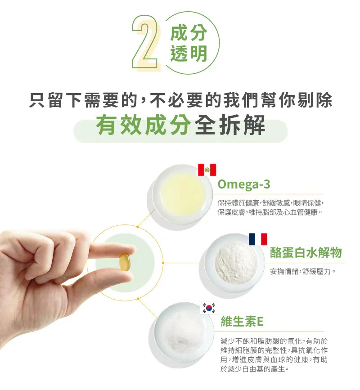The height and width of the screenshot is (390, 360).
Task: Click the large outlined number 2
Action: pyautogui.click(x=145, y=42)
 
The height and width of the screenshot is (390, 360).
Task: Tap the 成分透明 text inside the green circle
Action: pyautogui.click(x=189, y=43)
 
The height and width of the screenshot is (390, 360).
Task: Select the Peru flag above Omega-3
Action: pyautogui.click(x=207, y=170)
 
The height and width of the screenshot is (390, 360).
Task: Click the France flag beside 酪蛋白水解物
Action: pyautogui.click(x=258, y=239)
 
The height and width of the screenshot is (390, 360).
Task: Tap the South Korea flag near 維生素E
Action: pyautogui.click(x=209, y=308)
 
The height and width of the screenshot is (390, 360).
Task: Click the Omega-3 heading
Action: pyautogui.click(x=244, y=184)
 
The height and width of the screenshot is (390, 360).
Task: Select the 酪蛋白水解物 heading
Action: pyautogui.click(x=306, y=253)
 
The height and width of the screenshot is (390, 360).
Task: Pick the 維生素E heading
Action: pyautogui.click(x=242, y=321)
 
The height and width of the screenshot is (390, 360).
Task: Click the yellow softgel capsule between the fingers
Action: pyautogui.click(x=124, y=262)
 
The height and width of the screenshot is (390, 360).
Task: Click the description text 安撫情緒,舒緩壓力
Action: pyautogui.click(x=303, y=271)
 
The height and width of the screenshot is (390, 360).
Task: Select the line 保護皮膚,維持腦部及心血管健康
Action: pyautogui.click(x=270, y=213)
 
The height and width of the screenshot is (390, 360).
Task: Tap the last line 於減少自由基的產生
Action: pyautogui.click(x=255, y=369)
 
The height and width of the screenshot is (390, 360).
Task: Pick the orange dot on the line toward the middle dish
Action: pyautogui.click(x=163, y=263)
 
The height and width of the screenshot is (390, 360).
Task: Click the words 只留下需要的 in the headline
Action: pyautogui.click(x=84, y=100)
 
